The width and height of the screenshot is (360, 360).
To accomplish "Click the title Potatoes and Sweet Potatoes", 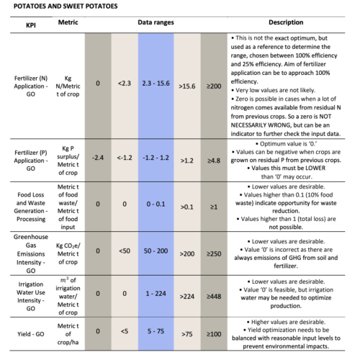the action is [66, 6].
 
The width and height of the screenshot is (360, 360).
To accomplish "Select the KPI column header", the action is [31, 25].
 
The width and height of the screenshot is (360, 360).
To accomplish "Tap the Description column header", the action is [286, 22].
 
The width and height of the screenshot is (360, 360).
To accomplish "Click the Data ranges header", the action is [156, 22].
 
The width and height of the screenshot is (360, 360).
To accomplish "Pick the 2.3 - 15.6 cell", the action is [156, 84].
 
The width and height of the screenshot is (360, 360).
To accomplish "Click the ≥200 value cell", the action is [214, 86].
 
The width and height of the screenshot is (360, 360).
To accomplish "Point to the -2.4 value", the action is [98, 158].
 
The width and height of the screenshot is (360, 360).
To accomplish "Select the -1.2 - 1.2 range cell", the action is [156, 158].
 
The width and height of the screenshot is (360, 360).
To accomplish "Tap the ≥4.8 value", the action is [214, 161].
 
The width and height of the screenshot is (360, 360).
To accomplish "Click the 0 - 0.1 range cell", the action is [156, 204].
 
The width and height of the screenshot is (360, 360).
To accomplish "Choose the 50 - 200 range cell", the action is [156, 251].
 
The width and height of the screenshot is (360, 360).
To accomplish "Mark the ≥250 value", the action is [214, 253].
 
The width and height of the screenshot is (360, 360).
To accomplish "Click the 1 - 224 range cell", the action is [156, 294].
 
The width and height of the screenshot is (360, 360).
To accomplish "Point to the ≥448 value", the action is [214, 297].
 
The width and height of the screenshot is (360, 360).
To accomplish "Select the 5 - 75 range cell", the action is [156, 331].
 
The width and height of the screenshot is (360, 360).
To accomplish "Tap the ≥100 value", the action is [214, 334].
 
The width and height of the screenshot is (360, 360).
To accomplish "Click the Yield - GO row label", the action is [31, 334].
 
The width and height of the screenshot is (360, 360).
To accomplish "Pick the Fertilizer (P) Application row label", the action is [31, 161].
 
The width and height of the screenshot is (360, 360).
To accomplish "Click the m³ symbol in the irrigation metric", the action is [64, 280].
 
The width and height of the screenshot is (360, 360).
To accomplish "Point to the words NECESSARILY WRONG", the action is [261, 125].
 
